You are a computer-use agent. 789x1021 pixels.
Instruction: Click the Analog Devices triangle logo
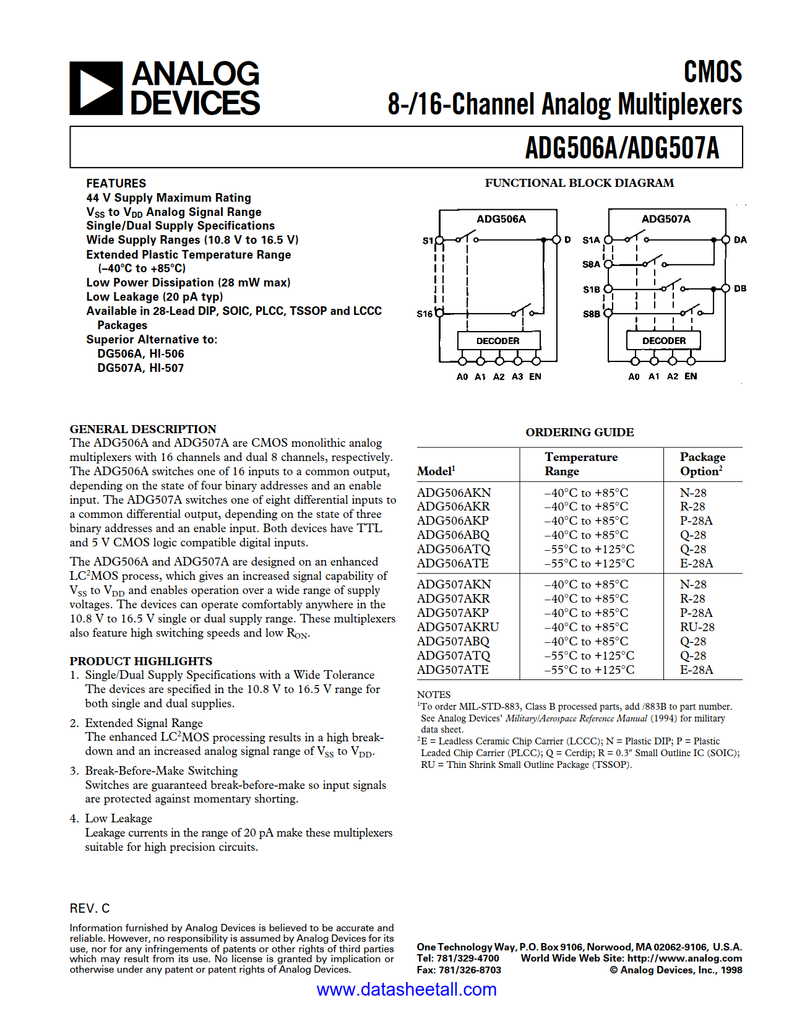click(x=96, y=88)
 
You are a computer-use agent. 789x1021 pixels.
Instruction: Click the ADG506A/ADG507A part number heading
click(x=621, y=148)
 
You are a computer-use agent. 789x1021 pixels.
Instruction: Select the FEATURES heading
click(x=116, y=183)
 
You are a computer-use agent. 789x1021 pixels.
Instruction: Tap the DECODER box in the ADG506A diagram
click(x=498, y=341)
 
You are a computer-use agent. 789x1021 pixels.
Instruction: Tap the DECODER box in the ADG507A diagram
click(x=663, y=341)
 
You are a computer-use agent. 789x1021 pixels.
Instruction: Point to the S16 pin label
click(x=424, y=314)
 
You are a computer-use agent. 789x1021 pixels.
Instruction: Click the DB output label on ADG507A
click(x=740, y=289)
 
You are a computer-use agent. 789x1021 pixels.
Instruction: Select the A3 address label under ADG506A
click(x=517, y=377)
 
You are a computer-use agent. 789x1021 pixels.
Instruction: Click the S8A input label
click(x=591, y=264)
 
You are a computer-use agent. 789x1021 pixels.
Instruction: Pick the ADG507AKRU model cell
click(x=458, y=627)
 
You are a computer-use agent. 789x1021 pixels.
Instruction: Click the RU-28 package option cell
click(x=697, y=627)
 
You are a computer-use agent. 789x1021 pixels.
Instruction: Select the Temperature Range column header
click(x=580, y=464)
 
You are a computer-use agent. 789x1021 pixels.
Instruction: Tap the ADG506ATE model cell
click(x=453, y=564)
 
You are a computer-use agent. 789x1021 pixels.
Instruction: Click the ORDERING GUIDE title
click(x=579, y=433)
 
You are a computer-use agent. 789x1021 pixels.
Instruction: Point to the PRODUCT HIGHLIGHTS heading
click(x=140, y=661)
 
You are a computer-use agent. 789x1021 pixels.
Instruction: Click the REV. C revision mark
click(x=90, y=908)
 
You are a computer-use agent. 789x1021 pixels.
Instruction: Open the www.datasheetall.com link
click(x=407, y=989)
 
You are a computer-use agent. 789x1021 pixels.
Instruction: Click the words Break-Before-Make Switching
click(x=161, y=771)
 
